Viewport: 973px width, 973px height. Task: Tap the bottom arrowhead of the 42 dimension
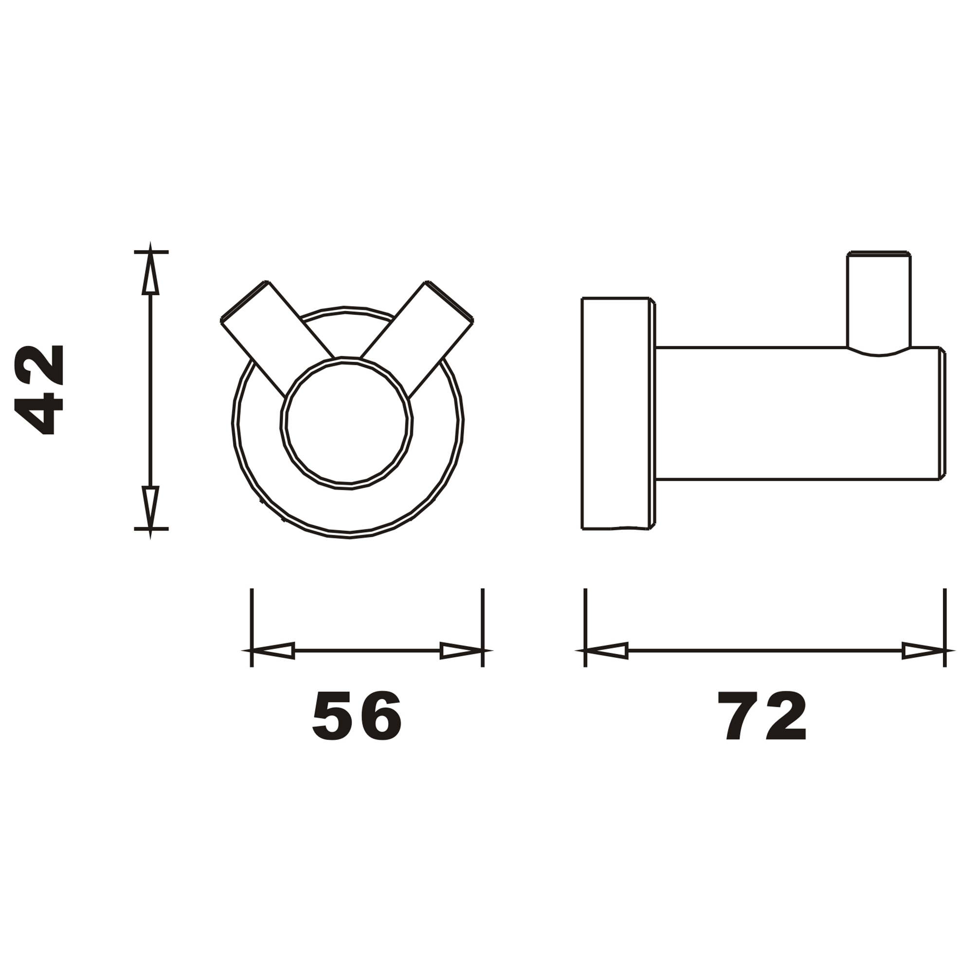tap(151, 506)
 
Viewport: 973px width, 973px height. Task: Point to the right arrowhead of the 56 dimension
tap(461, 650)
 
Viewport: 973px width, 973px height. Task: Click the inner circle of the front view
tap(346, 423)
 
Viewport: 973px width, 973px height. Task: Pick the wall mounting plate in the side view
tap(615, 413)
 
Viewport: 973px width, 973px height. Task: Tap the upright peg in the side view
tap(879, 302)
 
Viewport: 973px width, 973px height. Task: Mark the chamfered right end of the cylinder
tap(942, 413)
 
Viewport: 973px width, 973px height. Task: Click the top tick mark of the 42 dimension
tap(151, 252)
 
